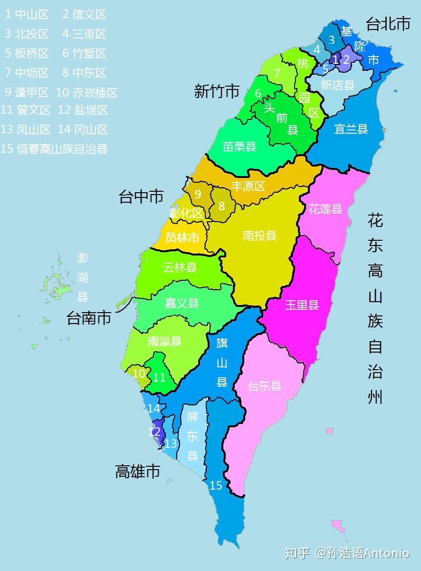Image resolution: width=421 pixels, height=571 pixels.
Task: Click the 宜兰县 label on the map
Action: pyautogui.click(x=351, y=129)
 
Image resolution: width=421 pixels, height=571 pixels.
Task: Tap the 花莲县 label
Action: pyautogui.click(x=325, y=209)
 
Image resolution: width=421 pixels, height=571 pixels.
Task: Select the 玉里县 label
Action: pyautogui.click(x=302, y=305)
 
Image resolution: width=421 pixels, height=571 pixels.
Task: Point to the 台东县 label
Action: pyautogui.click(x=265, y=386)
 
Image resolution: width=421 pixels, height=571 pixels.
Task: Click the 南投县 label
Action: pyautogui.click(x=259, y=236)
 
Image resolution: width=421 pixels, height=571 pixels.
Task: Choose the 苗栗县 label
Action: pyautogui.click(x=239, y=147)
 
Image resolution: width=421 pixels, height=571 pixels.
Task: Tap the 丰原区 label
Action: pyautogui.click(x=248, y=186)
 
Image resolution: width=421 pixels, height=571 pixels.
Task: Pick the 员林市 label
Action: pyautogui.click(x=182, y=238)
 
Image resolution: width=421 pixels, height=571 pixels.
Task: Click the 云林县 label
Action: pyautogui.click(x=180, y=267)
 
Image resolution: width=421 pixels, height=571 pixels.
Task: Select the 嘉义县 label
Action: pyautogui.click(x=182, y=303)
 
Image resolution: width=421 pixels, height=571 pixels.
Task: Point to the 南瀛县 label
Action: pyautogui.click(x=165, y=341)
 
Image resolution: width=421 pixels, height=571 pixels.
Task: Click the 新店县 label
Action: pyautogui.click(x=337, y=85)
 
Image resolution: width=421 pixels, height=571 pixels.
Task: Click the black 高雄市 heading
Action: pyautogui.click(x=137, y=472)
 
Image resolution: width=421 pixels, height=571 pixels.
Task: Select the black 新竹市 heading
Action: pyautogui.click(x=216, y=91)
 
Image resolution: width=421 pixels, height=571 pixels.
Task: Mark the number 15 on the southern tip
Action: pyautogui.click(x=216, y=486)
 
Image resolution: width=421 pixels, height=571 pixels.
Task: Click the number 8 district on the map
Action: pyautogui.click(x=221, y=207)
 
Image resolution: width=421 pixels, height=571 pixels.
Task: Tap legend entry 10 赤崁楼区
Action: pyautogui.click(x=86, y=92)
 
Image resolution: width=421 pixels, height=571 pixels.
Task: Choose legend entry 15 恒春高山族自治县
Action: pyautogui.click(x=55, y=149)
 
